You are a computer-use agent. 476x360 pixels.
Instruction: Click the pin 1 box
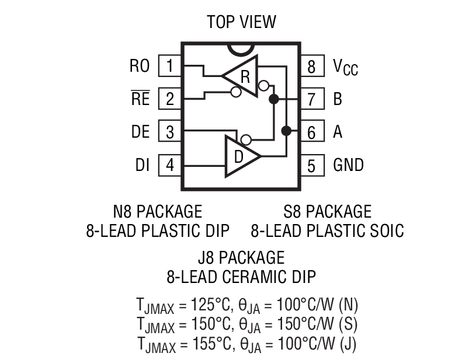click(169, 65)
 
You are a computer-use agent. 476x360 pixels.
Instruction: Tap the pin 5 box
click(311, 166)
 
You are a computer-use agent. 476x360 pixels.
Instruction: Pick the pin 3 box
click(169, 132)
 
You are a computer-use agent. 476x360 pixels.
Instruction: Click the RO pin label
click(140, 66)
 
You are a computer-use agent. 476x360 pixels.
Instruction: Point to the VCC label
click(345, 67)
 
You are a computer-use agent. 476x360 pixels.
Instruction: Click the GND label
click(348, 165)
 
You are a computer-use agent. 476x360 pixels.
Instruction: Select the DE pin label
click(140, 132)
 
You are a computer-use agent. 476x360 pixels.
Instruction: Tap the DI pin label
click(143, 165)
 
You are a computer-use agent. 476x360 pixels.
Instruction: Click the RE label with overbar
click(140, 99)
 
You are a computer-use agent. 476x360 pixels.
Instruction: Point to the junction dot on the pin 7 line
click(273, 99)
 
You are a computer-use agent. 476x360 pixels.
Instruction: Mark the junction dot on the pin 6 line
click(286, 131)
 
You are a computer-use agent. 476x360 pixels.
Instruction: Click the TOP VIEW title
click(241, 23)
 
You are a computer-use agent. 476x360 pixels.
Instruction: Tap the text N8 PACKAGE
click(157, 211)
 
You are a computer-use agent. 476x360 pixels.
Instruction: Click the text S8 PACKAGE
click(327, 211)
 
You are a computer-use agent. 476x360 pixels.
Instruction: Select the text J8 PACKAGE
click(241, 257)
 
